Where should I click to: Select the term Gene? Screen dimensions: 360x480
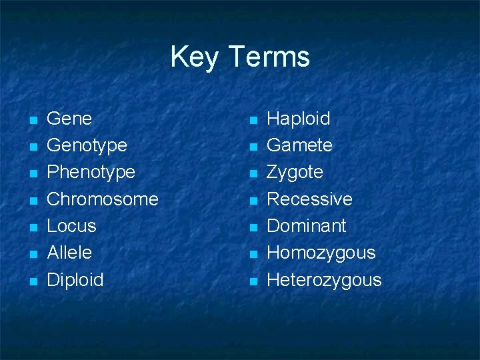(x=69, y=119)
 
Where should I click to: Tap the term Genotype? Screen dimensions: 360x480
(x=87, y=146)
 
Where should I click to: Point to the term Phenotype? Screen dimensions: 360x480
(x=91, y=173)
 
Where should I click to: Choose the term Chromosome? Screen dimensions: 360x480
(x=103, y=199)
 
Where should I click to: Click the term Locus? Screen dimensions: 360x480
(x=71, y=226)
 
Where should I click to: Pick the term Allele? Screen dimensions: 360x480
(x=69, y=253)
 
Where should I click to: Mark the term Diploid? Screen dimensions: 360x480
(x=75, y=279)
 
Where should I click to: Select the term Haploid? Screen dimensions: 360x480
(x=298, y=119)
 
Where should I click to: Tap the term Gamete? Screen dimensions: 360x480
(x=299, y=145)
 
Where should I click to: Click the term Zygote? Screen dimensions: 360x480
(x=295, y=173)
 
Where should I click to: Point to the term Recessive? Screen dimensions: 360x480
(x=309, y=199)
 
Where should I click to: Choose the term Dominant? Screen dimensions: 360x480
(x=306, y=226)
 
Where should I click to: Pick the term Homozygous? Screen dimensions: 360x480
(x=321, y=253)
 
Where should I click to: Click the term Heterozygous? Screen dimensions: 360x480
(x=324, y=280)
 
